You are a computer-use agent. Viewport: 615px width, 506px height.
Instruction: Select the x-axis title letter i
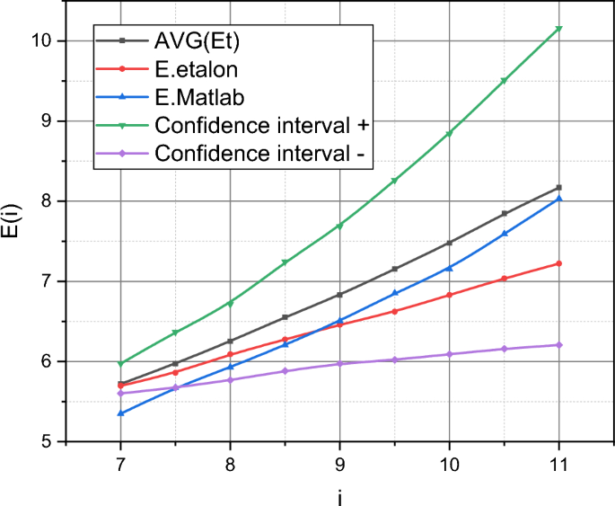339,496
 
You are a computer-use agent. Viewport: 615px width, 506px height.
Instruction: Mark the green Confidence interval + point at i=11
558,29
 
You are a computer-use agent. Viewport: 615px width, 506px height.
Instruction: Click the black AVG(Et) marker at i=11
558,188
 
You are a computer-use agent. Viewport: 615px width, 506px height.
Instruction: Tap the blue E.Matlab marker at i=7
120,413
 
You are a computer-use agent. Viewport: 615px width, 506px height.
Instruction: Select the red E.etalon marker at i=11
558,263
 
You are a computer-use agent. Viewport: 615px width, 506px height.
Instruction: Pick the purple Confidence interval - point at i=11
558,345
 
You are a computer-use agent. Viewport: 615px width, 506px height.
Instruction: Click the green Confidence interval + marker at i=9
339,226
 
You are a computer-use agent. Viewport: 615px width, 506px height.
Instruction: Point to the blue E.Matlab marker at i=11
558,199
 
